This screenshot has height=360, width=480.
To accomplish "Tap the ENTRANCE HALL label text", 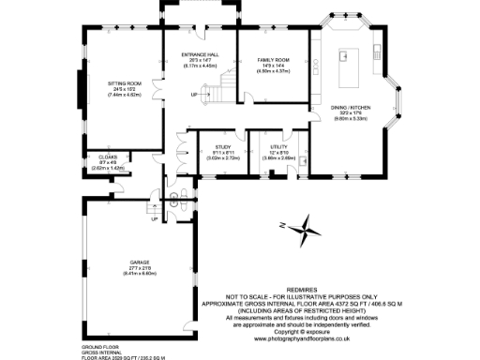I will (198, 55).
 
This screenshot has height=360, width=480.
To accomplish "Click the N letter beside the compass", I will (282, 223).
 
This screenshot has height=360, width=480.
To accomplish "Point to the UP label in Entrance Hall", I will (194, 95).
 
